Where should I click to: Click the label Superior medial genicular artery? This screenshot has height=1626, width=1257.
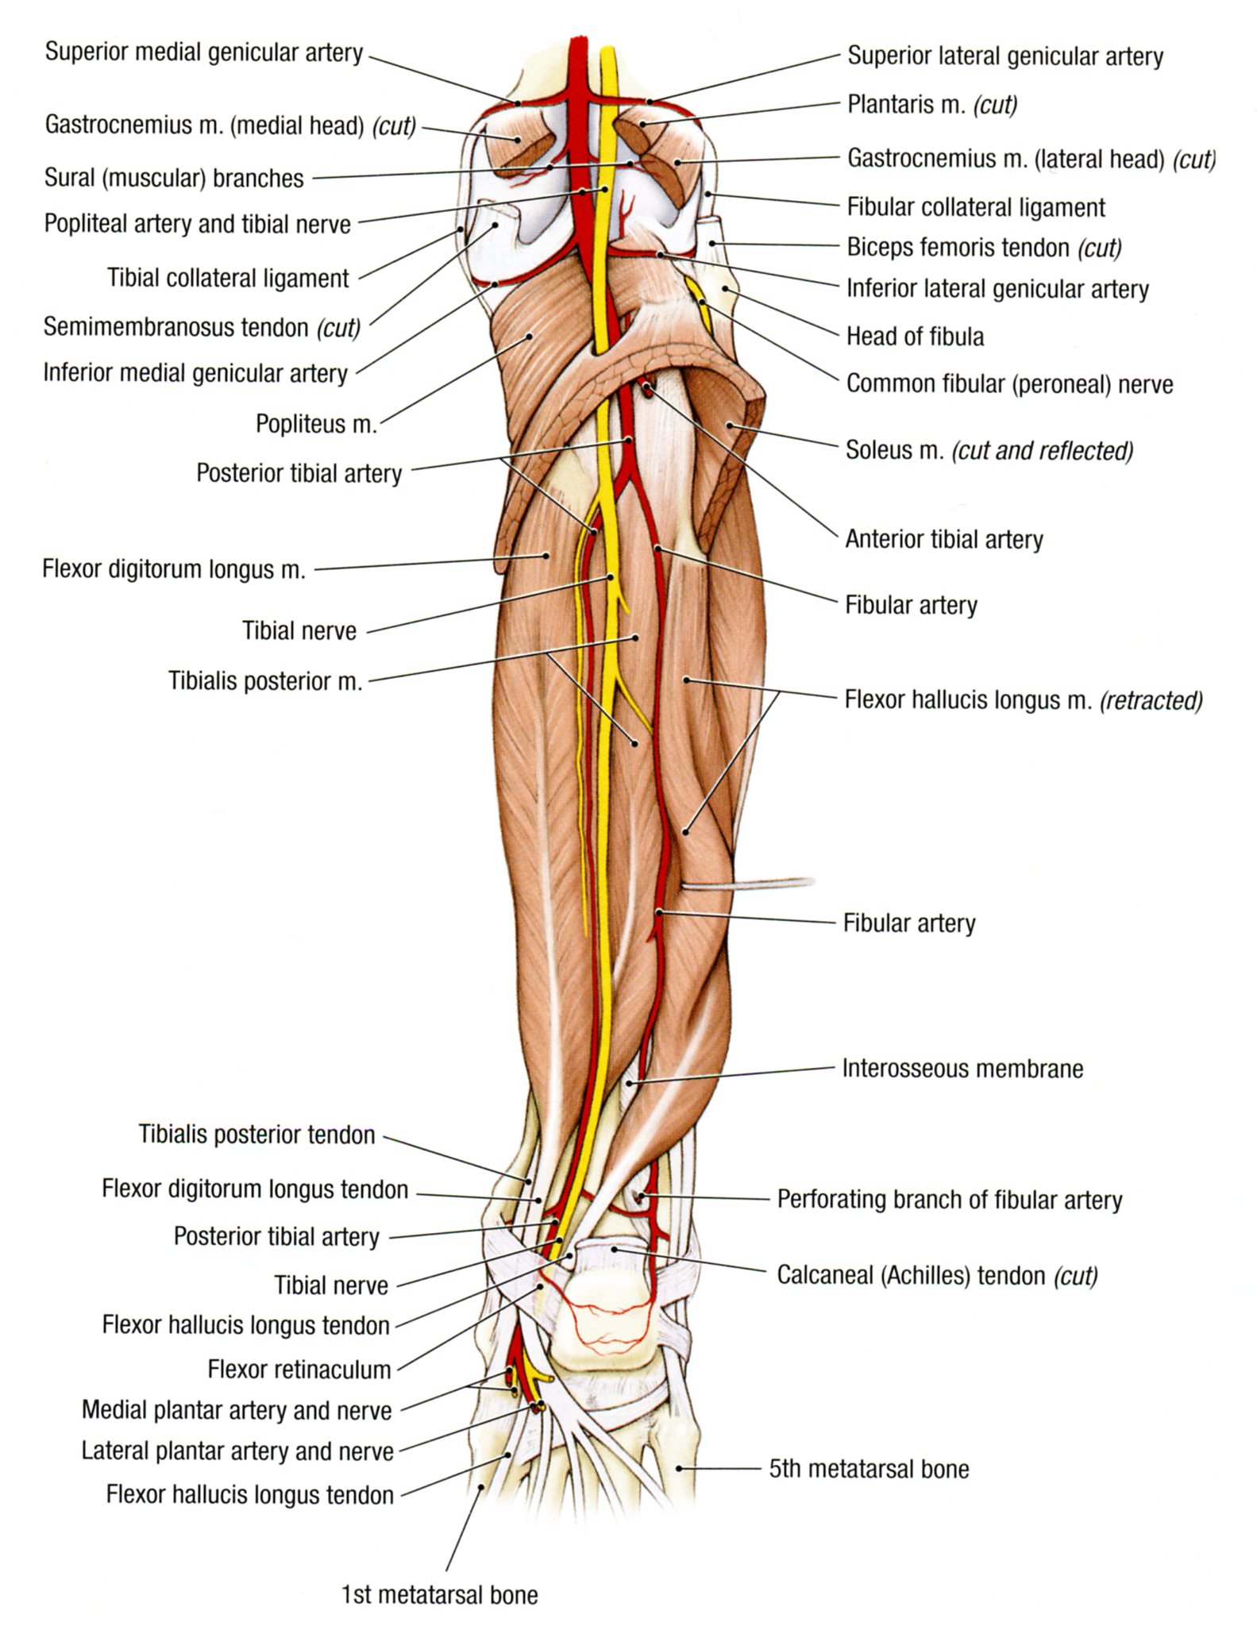pyautogui.click(x=204, y=53)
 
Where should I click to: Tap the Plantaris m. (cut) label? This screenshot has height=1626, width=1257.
pyautogui.click(x=932, y=105)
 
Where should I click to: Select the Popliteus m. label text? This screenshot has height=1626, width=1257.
pyautogui.click(x=315, y=424)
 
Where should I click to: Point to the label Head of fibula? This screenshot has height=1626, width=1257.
pyautogui.click(x=915, y=337)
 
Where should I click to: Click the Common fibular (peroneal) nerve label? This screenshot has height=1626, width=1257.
pyautogui.click(x=1009, y=384)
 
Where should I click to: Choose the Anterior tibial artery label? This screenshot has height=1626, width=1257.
pyautogui.click(x=943, y=540)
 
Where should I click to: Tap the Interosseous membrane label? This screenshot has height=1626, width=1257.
pyautogui.click(x=962, y=1069)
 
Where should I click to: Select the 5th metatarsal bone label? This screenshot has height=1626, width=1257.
pyautogui.click(x=869, y=1469)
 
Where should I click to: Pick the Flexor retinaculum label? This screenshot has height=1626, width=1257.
pyautogui.click(x=299, y=1370)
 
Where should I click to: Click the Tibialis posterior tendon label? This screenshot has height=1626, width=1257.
pyautogui.click(x=256, y=1135)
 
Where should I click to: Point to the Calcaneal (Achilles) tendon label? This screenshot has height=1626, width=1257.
pyautogui.click(x=937, y=1276)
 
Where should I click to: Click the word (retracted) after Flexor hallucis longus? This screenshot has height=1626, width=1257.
pyautogui.click(x=1151, y=700)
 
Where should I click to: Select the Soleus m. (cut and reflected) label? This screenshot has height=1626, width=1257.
pyautogui.click(x=989, y=451)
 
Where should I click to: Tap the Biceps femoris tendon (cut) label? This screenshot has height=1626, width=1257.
pyautogui.click(x=984, y=248)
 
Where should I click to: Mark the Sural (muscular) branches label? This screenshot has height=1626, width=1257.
pyautogui.click(x=174, y=178)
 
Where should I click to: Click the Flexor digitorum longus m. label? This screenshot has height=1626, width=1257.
pyautogui.click(x=174, y=569)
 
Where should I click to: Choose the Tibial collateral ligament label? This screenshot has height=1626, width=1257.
pyautogui.click(x=228, y=279)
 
